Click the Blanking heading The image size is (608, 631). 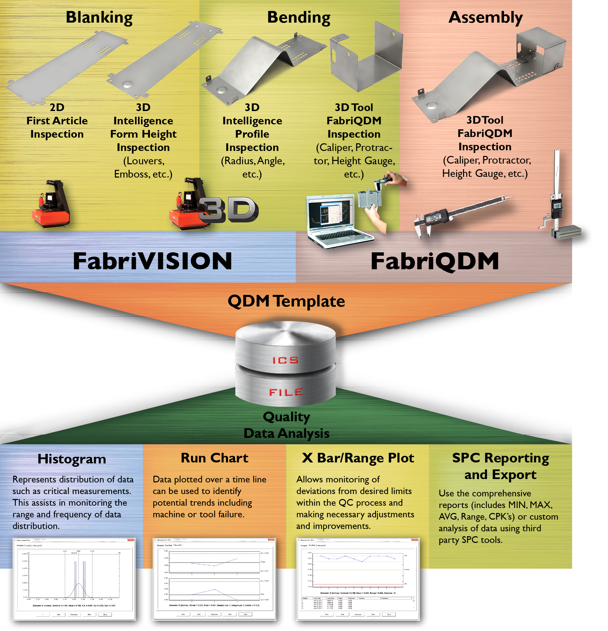(x=99, y=18)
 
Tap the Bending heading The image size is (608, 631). (x=299, y=18)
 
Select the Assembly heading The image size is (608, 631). (x=485, y=18)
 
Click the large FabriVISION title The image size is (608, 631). (x=152, y=261)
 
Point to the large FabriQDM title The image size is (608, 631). (x=435, y=261)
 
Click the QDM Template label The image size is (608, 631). (x=286, y=301)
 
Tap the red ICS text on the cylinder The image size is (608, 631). (x=286, y=360)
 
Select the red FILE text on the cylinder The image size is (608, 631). (x=286, y=392)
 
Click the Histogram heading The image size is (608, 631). (x=72, y=459)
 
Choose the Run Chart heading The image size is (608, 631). (x=214, y=458)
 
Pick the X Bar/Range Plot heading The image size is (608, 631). (x=358, y=458)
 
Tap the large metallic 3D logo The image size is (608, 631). (x=229, y=210)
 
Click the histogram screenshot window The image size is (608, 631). (x=74, y=579)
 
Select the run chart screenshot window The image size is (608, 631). (x=214, y=579)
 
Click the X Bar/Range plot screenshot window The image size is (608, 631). (x=358, y=579)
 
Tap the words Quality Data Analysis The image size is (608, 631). (x=286, y=425)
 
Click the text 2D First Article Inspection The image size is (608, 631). (x=57, y=121)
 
